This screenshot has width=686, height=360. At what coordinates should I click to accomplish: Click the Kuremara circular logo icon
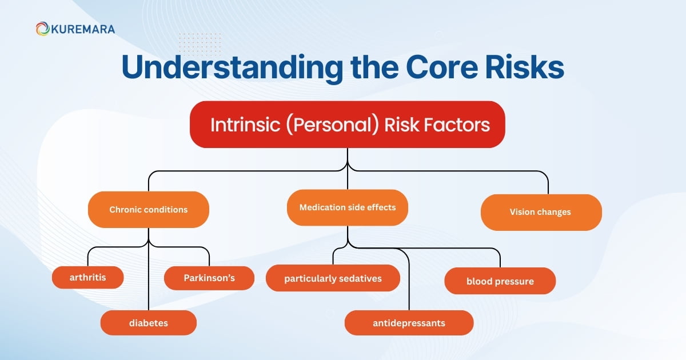pos(42,29)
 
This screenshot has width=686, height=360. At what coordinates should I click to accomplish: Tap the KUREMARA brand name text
pos(82,29)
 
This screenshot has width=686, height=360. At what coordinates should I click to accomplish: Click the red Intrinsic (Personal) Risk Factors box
pos(347,125)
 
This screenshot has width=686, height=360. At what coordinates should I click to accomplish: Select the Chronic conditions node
pos(148,210)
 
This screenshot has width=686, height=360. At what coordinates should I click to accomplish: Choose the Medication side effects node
pos(347,207)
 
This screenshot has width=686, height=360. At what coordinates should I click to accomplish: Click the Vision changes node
pos(541,212)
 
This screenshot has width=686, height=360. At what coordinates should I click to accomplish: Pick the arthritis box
pos(87,278)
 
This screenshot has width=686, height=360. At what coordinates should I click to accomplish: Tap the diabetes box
pos(148,323)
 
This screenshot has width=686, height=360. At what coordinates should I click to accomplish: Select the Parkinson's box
pos(209,278)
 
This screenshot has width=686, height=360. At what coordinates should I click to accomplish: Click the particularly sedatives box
pos(333,278)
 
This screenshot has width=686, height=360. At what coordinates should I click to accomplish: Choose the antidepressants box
pos(409,323)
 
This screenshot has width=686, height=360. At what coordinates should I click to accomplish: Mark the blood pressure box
pos(500,281)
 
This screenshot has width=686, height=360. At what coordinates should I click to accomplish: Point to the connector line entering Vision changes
pos(548,183)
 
